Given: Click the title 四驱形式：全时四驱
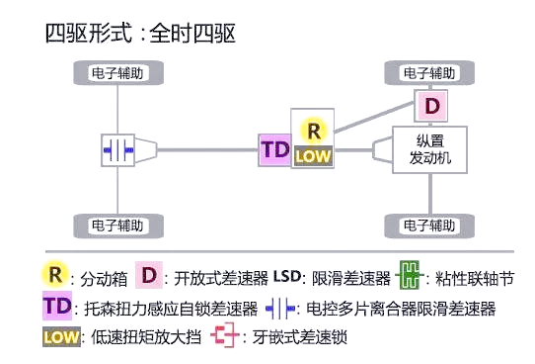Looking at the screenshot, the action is coord(140,34).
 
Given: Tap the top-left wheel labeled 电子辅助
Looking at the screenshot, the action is coord(118,73).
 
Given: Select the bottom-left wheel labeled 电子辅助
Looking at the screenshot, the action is coord(118,226).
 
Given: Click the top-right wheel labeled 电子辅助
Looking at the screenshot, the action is coord(429,73).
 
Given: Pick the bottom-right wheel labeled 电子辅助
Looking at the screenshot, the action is coord(429,226).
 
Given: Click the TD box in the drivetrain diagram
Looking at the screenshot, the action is coord(275,150).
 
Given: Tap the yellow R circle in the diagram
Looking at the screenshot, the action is coord(314,131).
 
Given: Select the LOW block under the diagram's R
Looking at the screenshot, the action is coord(313,156).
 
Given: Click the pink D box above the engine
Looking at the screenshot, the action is coord(431,106).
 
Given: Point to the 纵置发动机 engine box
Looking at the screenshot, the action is coord(429,149).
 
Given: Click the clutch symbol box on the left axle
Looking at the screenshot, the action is coord(118,150).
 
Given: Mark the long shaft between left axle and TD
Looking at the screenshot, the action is coord(207,149).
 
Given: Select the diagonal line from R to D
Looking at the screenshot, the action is coord(374,117).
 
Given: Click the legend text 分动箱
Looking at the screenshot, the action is coord(104,279).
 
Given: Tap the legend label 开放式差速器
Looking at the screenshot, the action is coord(221,278).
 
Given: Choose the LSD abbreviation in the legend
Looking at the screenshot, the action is coord(287,276).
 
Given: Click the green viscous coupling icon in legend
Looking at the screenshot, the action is coord(410,275).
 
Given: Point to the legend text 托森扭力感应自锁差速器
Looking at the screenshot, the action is coord(171,309).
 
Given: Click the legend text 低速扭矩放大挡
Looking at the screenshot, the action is coord(146,337).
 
